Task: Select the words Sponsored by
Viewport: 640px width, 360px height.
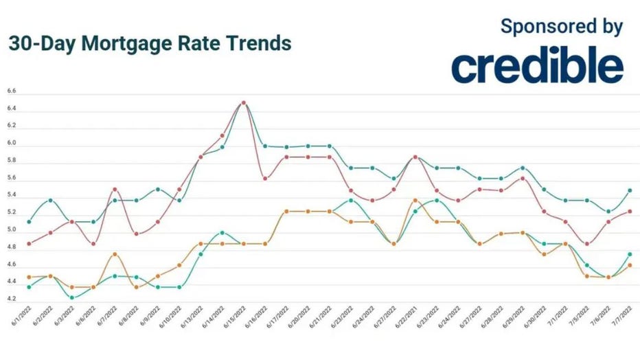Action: tap(562, 27)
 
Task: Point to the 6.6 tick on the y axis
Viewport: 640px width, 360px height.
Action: tap(11, 91)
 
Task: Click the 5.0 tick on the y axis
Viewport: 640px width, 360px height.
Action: tap(11, 230)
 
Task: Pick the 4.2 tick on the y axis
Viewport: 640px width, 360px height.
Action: tap(11, 300)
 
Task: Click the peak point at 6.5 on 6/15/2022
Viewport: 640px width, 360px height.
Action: tap(244, 103)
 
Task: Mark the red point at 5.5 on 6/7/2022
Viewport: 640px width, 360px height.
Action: tap(115, 189)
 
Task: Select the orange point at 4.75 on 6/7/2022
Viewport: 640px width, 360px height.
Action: tap(115, 254)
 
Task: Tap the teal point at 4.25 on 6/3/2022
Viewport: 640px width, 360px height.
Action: tap(72, 297)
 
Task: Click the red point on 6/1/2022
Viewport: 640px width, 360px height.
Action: tap(29, 243)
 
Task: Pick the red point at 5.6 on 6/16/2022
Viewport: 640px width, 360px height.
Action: tap(265, 179)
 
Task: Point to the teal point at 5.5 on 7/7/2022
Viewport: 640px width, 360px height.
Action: tap(630, 190)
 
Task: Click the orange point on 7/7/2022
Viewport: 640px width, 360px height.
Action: tap(630, 265)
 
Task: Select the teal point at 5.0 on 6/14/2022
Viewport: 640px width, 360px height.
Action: tap(222, 233)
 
